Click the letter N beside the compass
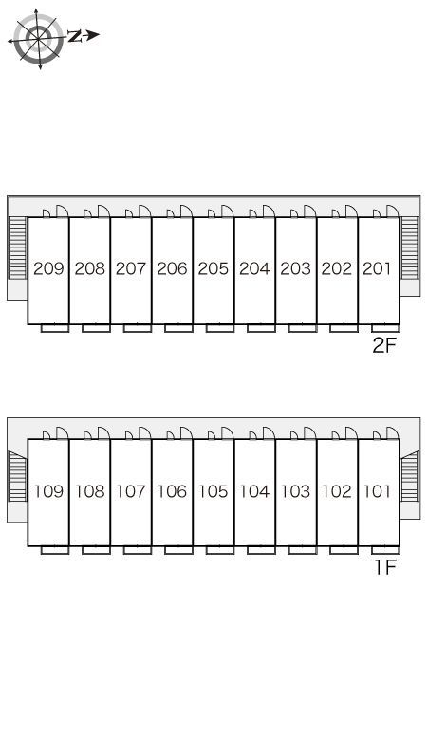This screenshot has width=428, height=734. click(x=74, y=36)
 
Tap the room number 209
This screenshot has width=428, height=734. click(x=48, y=268)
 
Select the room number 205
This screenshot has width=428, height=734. click(x=214, y=268)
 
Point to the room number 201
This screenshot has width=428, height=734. click(x=377, y=268)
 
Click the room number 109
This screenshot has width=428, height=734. click(x=48, y=491)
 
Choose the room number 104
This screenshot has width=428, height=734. click(x=254, y=491)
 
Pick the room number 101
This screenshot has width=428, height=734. click(x=377, y=491)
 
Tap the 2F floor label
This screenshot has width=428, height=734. click(x=384, y=345)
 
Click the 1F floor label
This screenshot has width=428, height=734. click(x=385, y=567)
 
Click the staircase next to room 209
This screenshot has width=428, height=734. click(x=18, y=248)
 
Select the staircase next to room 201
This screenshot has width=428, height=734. click(x=410, y=248)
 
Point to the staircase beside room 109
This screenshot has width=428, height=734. click(x=18, y=477)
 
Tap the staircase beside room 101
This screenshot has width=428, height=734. click(x=410, y=477)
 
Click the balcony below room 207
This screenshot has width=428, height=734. click(x=138, y=328)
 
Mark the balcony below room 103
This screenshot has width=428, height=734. click(x=303, y=550)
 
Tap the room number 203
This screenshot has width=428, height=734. click(x=296, y=268)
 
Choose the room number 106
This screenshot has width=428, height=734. click(x=173, y=491)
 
